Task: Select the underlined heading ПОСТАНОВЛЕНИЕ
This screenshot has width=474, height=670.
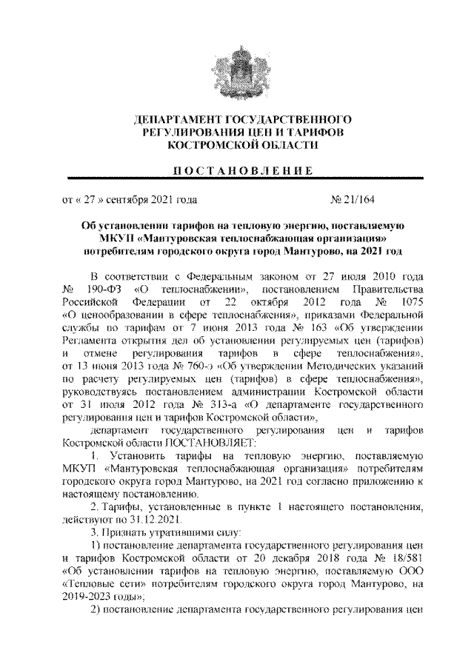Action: tap(237, 170)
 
